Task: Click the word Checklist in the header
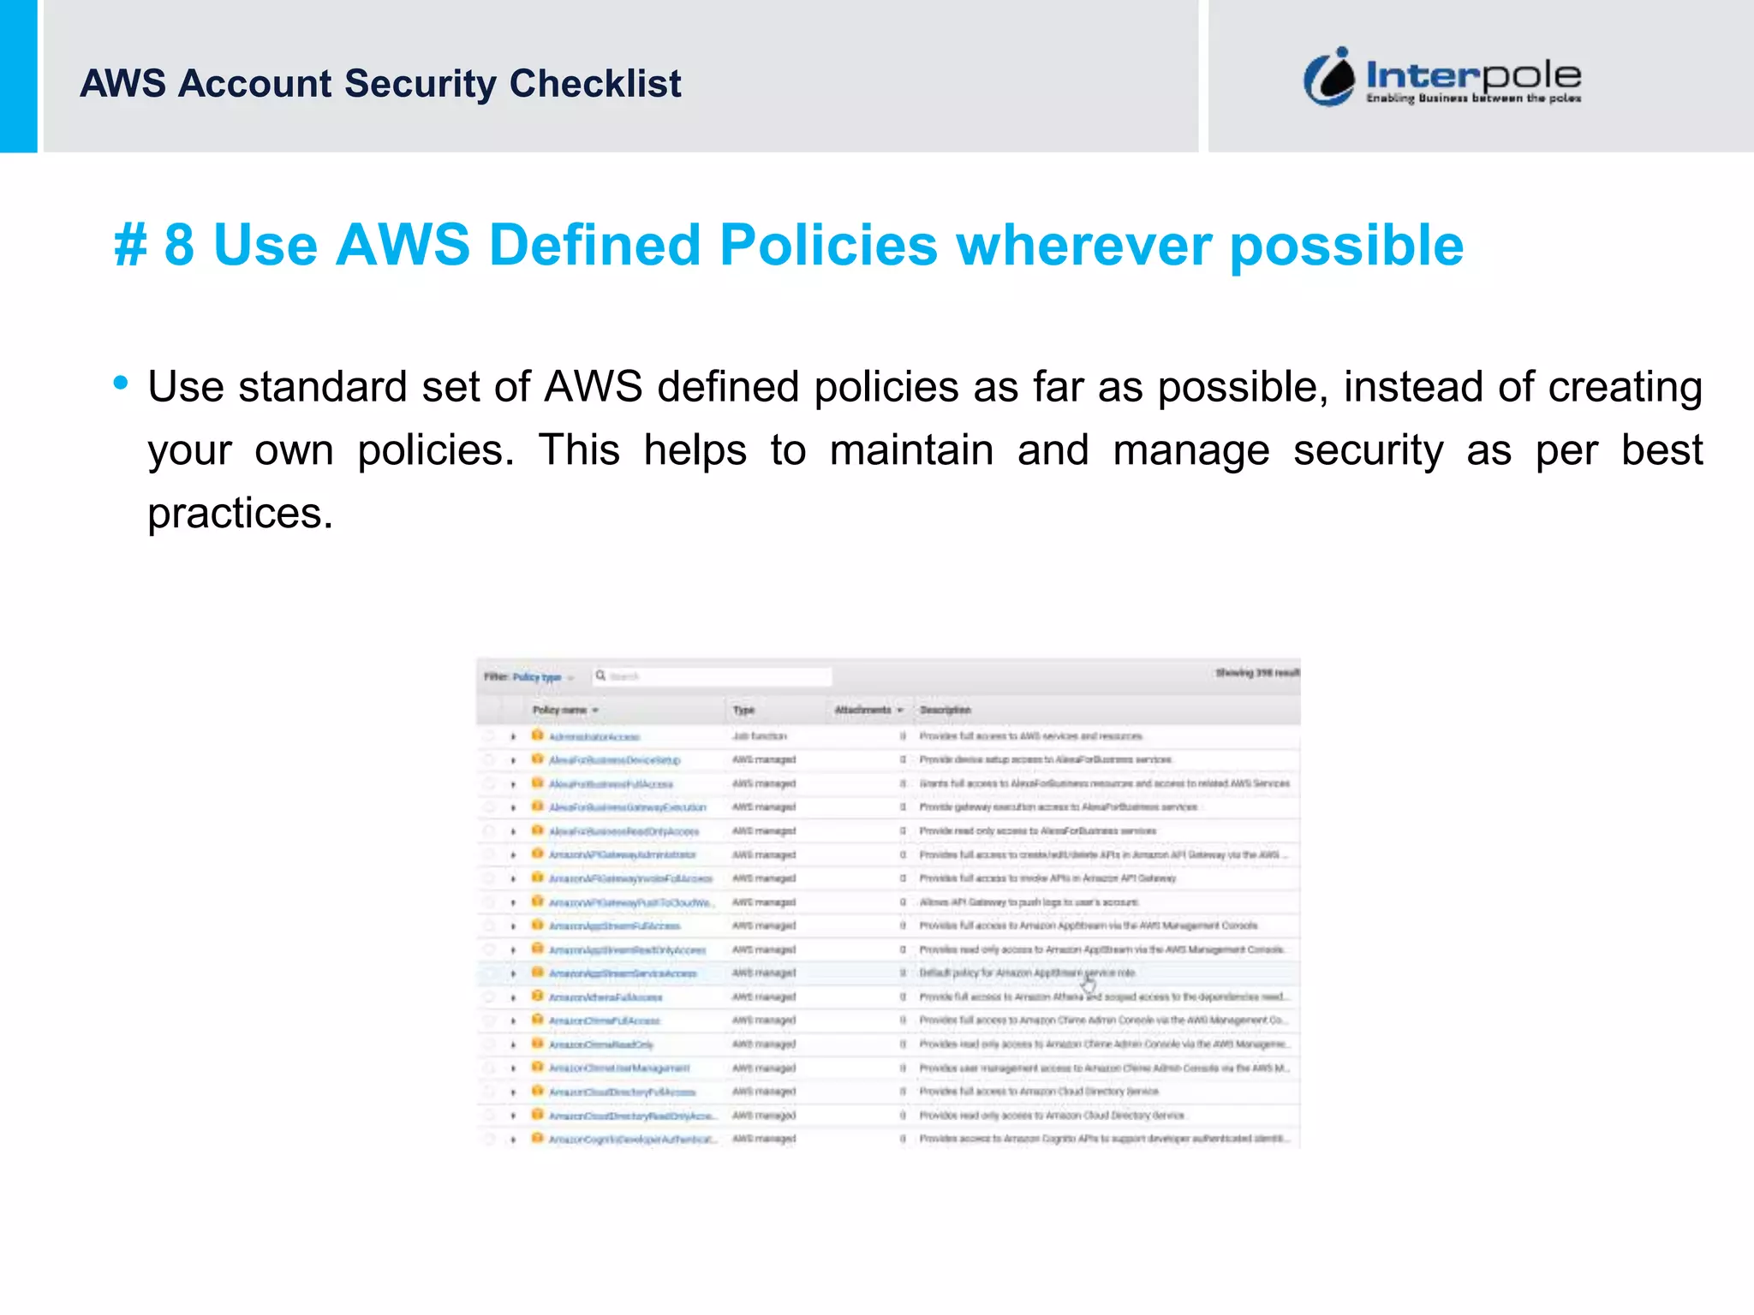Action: coord(595,84)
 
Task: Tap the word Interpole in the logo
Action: coord(1473,74)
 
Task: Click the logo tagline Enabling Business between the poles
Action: coord(1473,98)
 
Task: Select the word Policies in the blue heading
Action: coord(828,245)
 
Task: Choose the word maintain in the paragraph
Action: coord(911,450)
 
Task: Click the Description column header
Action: coord(945,710)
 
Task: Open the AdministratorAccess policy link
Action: coord(594,736)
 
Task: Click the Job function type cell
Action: coord(759,736)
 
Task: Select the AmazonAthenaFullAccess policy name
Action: coord(605,997)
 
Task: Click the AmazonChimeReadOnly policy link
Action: coord(600,1044)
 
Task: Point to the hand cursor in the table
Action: coord(1088,985)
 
